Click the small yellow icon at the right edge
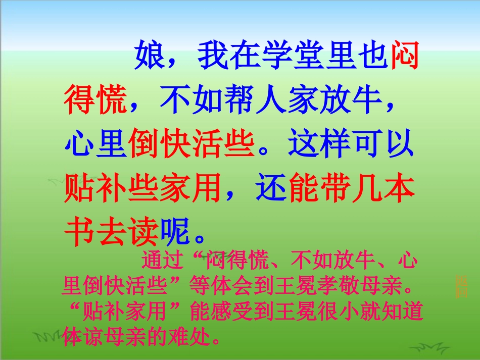[x=461, y=286]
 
